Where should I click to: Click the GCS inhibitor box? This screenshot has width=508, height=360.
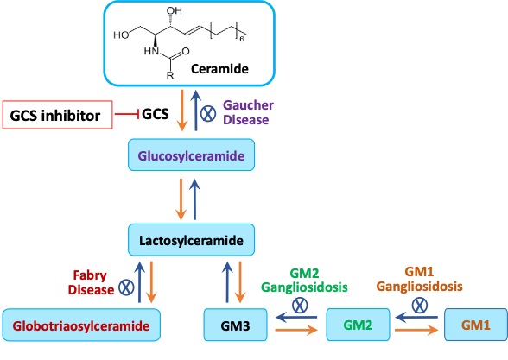(x=58, y=115)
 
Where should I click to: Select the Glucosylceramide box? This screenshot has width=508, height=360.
(x=191, y=155)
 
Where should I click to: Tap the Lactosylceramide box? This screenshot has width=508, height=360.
(x=191, y=240)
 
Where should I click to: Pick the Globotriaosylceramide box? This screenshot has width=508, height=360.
(x=81, y=325)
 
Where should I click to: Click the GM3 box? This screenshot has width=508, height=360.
(x=235, y=325)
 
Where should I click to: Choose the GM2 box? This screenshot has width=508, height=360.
(x=358, y=325)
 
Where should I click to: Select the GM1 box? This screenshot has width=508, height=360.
(x=476, y=325)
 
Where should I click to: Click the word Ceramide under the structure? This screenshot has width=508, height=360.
(x=219, y=69)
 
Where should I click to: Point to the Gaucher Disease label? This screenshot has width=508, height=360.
(x=248, y=112)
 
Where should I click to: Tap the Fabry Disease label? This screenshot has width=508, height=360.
(x=91, y=282)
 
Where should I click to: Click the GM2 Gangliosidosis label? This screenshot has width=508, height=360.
(x=304, y=280)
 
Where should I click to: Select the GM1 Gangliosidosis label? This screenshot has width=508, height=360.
(x=419, y=279)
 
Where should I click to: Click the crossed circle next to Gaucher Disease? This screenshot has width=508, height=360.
(x=208, y=114)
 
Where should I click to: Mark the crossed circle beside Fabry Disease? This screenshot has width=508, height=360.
(x=126, y=287)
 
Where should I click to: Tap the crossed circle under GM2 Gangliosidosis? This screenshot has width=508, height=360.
(x=300, y=306)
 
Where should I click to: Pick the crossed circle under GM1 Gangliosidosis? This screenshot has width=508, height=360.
(x=420, y=306)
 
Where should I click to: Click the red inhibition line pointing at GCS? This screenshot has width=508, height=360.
(x=127, y=114)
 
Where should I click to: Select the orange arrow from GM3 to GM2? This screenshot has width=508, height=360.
(x=296, y=330)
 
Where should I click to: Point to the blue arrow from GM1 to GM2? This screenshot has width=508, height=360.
(x=416, y=318)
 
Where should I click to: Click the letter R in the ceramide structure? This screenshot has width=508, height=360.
(x=170, y=76)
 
